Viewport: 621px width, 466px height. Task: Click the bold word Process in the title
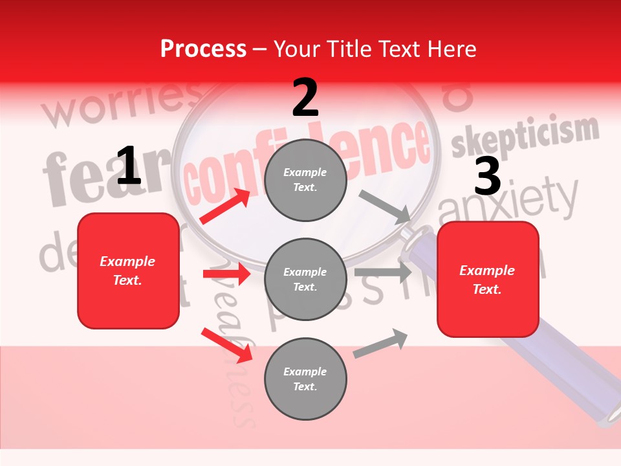pos(203,49)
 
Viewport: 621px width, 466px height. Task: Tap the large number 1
pos(128,166)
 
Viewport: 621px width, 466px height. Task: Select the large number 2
pos(305,98)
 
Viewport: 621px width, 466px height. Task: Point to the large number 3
pos(487,176)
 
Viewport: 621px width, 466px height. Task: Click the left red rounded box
pos(128,271)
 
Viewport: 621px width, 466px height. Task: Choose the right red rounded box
pos(488,280)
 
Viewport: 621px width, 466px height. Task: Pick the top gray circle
pos(305,180)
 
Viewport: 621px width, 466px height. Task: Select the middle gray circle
pos(305,279)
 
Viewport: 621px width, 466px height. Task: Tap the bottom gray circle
pos(305,379)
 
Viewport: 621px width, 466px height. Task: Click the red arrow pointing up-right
pos(225,206)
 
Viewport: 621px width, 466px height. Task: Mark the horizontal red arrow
pos(226,274)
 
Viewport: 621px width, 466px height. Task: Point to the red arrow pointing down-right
pos(226,346)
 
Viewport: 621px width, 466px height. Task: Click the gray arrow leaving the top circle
pos(385,205)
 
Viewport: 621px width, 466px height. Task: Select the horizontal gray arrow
pos(382,272)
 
